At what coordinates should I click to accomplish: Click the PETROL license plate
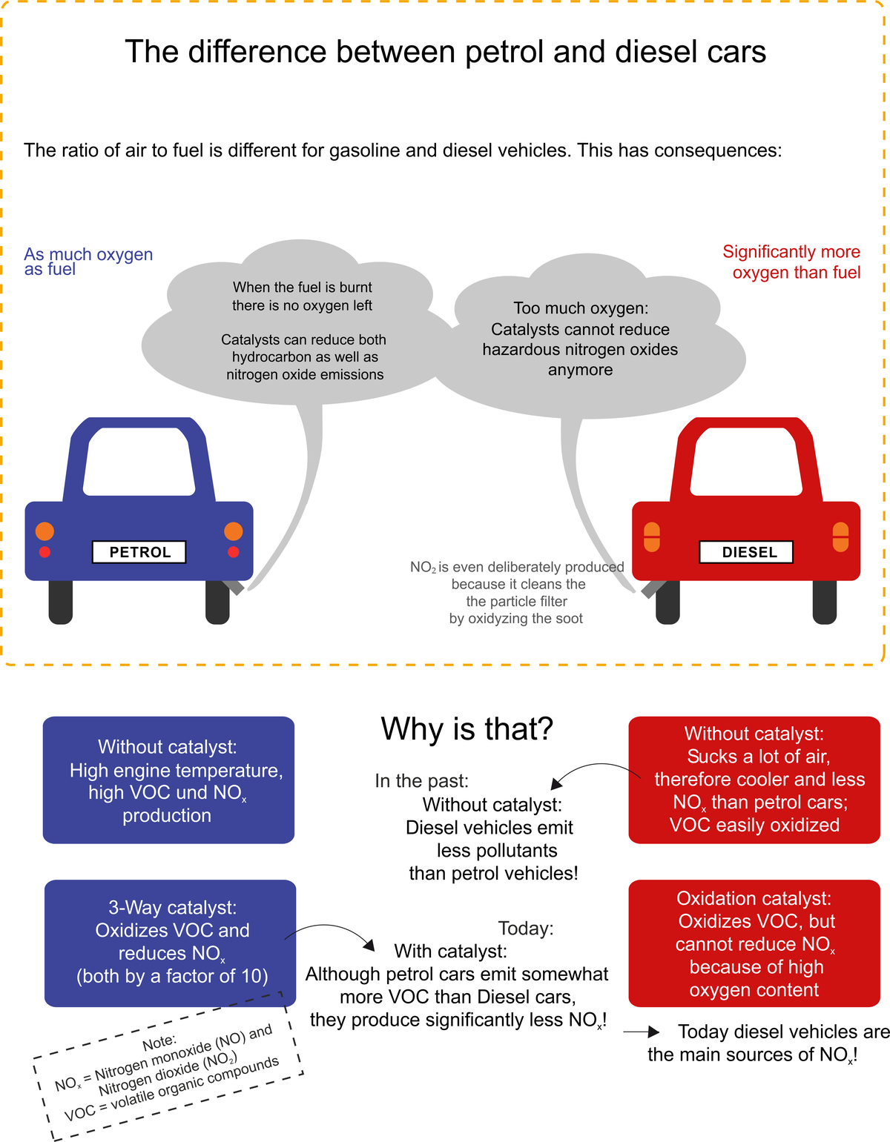(139, 552)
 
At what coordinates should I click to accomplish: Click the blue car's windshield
(139, 461)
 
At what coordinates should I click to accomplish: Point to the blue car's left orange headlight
(44, 531)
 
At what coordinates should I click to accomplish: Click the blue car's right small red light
(234, 552)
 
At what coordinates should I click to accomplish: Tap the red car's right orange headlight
(840, 537)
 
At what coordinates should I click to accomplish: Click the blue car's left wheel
(61, 601)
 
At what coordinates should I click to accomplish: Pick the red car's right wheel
(825, 601)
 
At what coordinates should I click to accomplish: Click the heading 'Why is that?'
(467, 729)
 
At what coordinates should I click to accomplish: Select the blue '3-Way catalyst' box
(170, 943)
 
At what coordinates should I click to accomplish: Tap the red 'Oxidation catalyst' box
(754, 943)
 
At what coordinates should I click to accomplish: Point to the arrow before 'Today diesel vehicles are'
(642, 1032)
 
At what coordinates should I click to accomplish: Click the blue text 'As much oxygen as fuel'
(88, 262)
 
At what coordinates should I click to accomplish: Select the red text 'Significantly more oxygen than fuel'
(792, 262)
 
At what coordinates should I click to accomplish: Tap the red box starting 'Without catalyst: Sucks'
(754, 780)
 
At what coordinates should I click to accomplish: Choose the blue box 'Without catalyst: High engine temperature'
(168, 780)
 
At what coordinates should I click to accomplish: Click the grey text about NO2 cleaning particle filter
(517, 592)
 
